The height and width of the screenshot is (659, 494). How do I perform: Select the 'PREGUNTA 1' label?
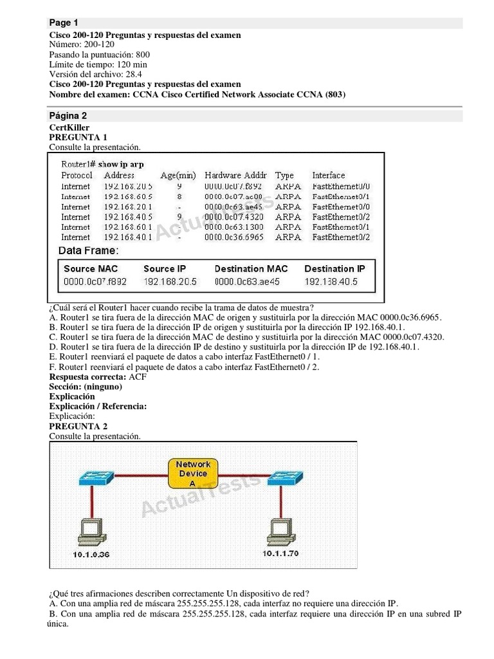point(78,138)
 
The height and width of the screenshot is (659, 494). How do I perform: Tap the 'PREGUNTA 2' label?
point(78,427)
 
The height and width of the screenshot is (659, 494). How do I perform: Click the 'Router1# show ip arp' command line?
point(102,164)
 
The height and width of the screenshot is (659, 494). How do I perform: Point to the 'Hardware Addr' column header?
point(235,175)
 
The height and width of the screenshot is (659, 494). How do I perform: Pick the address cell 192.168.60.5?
point(128,196)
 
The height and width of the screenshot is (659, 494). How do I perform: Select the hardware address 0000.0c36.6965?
point(233,237)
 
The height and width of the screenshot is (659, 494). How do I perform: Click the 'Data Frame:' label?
point(88,250)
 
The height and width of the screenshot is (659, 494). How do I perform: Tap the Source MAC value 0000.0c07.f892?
point(95,282)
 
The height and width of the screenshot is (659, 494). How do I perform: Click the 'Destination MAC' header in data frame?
point(251,268)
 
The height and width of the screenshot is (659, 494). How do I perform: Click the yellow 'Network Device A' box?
point(193,474)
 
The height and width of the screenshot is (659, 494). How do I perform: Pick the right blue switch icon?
point(286,478)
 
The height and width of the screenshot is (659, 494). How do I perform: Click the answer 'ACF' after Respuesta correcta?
point(138,377)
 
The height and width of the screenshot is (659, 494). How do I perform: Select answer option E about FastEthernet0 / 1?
point(184,357)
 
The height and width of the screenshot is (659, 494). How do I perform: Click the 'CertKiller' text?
point(69,128)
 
